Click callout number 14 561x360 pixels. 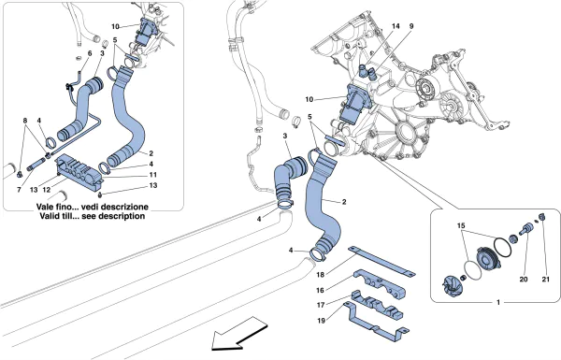(x=396, y=26)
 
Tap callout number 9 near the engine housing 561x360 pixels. (x=411, y=26)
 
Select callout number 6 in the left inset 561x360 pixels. (x=90, y=53)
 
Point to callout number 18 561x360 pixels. (x=320, y=275)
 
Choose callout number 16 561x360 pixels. (x=320, y=290)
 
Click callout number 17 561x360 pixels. (x=321, y=305)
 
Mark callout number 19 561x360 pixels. (x=322, y=321)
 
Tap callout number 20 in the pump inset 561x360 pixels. (x=524, y=280)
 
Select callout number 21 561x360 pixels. (x=545, y=280)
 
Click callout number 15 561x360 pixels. (x=461, y=225)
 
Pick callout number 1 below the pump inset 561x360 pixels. (x=498, y=303)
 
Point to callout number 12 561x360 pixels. (x=47, y=190)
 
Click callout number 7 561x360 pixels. (x=19, y=190)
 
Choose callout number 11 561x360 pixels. (x=153, y=175)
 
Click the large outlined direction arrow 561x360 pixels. (x=239, y=334)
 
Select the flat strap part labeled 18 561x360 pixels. (x=381, y=261)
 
